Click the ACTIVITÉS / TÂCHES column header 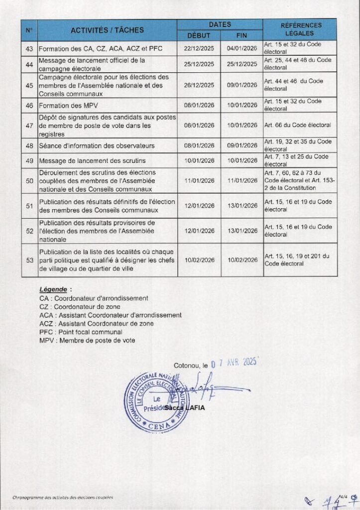pyautogui.click(x=107, y=30)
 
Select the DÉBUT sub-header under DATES pyautogui.click(x=198, y=35)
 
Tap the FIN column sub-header pyautogui.click(x=241, y=35)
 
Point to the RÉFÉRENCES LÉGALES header pyautogui.click(x=301, y=29)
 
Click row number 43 pyautogui.click(x=29, y=49)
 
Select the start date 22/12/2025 pyautogui.click(x=199, y=49)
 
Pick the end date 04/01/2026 pyautogui.click(x=241, y=49)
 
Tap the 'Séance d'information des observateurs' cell pyautogui.click(x=97, y=146)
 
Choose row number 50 pyautogui.click(x=29, y=181)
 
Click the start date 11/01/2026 pyautogui.click(x=199, y=181)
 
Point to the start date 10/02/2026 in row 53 pyautogui.click(x=199, y=260)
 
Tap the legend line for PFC pyautogui.click(x=81, y=332)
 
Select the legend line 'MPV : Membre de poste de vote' pyautogui.click(x=87, y=340)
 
